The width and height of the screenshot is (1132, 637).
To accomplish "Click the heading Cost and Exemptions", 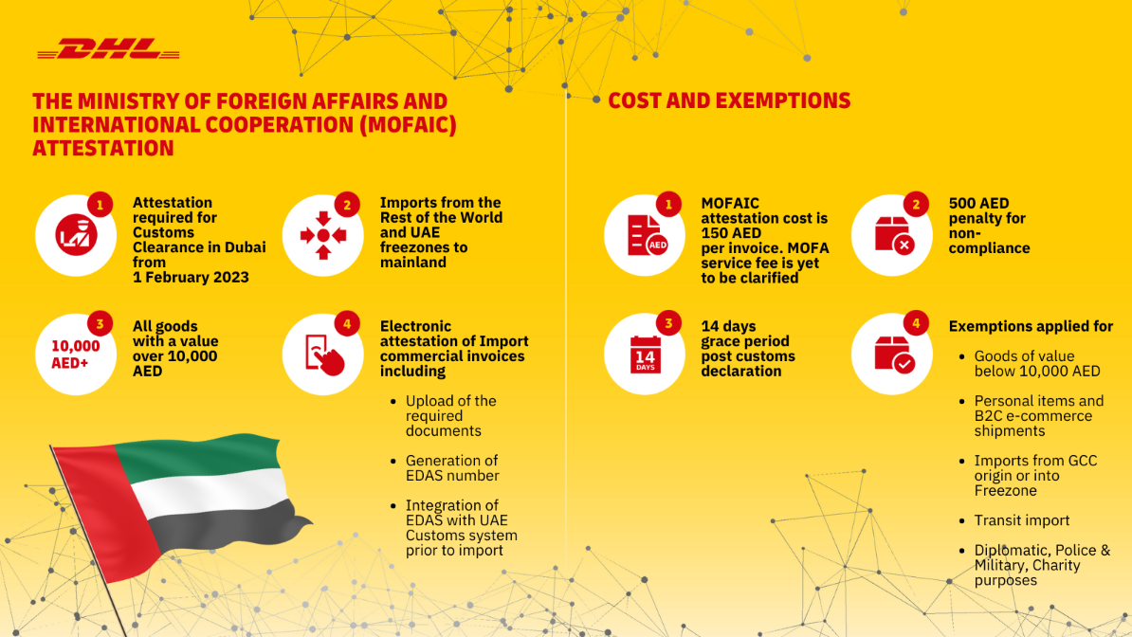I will click(729, 100).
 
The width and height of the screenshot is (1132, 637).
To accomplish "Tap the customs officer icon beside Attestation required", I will click(75, 234).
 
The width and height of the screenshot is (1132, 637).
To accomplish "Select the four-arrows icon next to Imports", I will click(322, 234).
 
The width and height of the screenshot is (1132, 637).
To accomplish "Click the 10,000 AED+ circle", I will click(75, 354).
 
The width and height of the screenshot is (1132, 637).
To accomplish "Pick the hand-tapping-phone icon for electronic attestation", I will click(322, 354).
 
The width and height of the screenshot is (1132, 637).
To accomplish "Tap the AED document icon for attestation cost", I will click(644, 234).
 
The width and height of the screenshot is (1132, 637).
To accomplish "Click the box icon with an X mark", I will click(891, 234).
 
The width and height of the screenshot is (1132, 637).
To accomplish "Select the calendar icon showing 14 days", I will click(644, 354).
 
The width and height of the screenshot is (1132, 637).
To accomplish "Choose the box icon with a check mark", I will click(891, 354).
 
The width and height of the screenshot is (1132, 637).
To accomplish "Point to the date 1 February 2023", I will click(191, 278).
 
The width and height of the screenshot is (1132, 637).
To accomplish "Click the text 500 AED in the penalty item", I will click(978, 203).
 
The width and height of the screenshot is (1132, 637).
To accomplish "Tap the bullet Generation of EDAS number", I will click(452, 468).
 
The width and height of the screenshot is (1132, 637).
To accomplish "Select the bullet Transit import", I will click(1022, 520).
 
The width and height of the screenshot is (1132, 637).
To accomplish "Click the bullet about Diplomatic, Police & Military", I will click(1041, 565).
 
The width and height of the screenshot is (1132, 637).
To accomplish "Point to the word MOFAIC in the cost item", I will click(730, 203).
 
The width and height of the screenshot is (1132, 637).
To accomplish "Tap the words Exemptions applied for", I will click(1031, 326).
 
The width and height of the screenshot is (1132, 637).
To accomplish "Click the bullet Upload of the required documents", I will click(450, 416).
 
